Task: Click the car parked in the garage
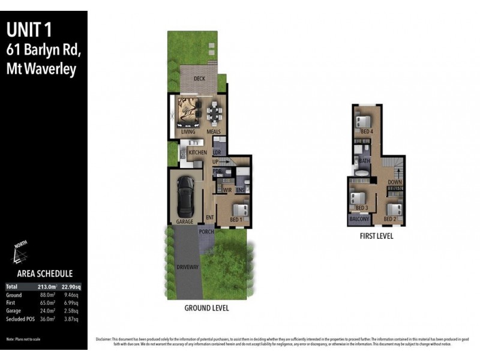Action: [x=185, y=196]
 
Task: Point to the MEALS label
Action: [x=214, y=131]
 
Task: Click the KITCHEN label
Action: [x=197, y=152]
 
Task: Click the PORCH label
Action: [x=207, y=232]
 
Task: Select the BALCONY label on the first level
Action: [x=359, y=219]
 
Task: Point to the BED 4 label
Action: [x=367, y=131]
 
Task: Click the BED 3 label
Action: [x=361, y=208]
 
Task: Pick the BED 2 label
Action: [x=389, y=219]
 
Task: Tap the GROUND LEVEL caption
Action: [x=207, y=308]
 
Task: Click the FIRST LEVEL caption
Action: [x=376, y=236]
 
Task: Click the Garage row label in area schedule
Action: [x=14, y=311]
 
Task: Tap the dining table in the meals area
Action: [x=214, y=112]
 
